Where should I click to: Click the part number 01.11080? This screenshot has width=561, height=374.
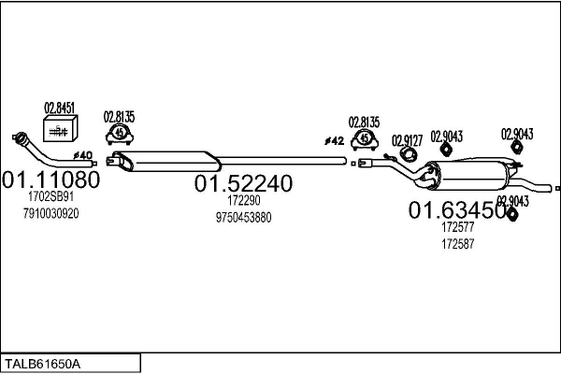[51, 180]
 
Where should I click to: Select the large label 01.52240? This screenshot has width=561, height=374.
[243, 183]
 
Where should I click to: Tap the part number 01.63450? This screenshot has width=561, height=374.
[457, 210]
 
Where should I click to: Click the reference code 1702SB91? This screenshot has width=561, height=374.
[51, 196]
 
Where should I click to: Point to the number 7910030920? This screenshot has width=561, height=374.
[51, 214]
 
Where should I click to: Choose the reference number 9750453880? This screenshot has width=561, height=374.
[243, 217]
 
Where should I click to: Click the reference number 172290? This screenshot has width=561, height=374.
[244, 200]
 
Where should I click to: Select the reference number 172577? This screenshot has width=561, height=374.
[457, 227]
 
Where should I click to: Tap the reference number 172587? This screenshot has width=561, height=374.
[457, 244]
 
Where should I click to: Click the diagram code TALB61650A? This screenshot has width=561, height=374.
[42, 364]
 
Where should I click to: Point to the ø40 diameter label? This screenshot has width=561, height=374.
[83, 155]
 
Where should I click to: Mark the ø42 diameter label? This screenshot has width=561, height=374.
[335, 141]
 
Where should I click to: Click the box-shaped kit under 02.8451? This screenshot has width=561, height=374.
[60, 128]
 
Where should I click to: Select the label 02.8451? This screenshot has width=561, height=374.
[60, 108]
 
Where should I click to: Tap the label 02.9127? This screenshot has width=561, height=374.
[407, 140]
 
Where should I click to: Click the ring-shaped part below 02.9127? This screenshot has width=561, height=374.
[408, 153]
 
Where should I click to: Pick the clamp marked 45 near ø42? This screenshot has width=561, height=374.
[365, 139]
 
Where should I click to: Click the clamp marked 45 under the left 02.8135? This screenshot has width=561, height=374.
[120, 134]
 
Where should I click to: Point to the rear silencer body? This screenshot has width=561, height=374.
[468, 176]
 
